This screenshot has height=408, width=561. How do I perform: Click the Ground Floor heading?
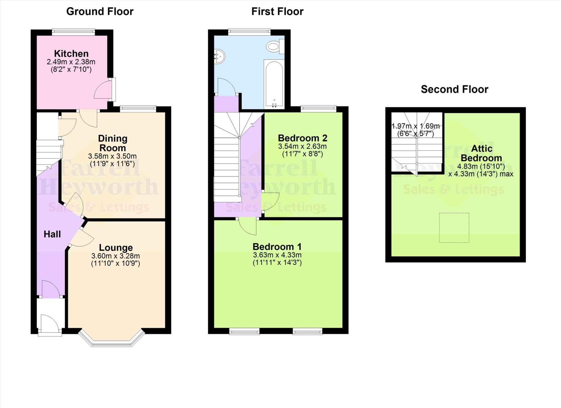pyautogui.click(x=100, y=12)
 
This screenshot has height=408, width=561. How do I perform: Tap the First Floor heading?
pyautogui.click(x=277, y=12)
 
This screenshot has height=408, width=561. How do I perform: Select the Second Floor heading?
pyautogui.click(x=454, y=89)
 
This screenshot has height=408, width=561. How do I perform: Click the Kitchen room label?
pyautogui.click(x=71, y=53)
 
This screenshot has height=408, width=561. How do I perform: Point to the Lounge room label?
pyautogui.click(x=116, y=247)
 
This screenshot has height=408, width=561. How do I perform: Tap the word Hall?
pyautogui.click(x=52, y=234)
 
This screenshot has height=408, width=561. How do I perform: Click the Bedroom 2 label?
pyautogui.click(x=302, y=138)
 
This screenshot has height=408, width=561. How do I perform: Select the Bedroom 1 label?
pyautogui.click(x=277, y=247)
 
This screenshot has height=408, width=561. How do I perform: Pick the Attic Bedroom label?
pyautogui.click(x=481, y=153)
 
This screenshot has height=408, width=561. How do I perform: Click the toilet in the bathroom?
pyautogui.click(x=275, y=46)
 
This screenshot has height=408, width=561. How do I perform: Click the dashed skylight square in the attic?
pyautogui.click(x=454, y=228)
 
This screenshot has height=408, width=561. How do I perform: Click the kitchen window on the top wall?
pyautogui.click(x=73, y=32)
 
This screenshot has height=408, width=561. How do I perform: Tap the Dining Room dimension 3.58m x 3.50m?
pyautogui.click(x=112, y=156)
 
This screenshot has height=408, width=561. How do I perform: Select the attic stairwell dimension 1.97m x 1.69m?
pyautogui.click(x=416, y=126)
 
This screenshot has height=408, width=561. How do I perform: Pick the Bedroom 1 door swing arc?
pyautogui.click(x=247, y=226)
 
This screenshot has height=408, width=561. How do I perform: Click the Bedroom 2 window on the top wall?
pyautogui.click(x=318, y=109)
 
